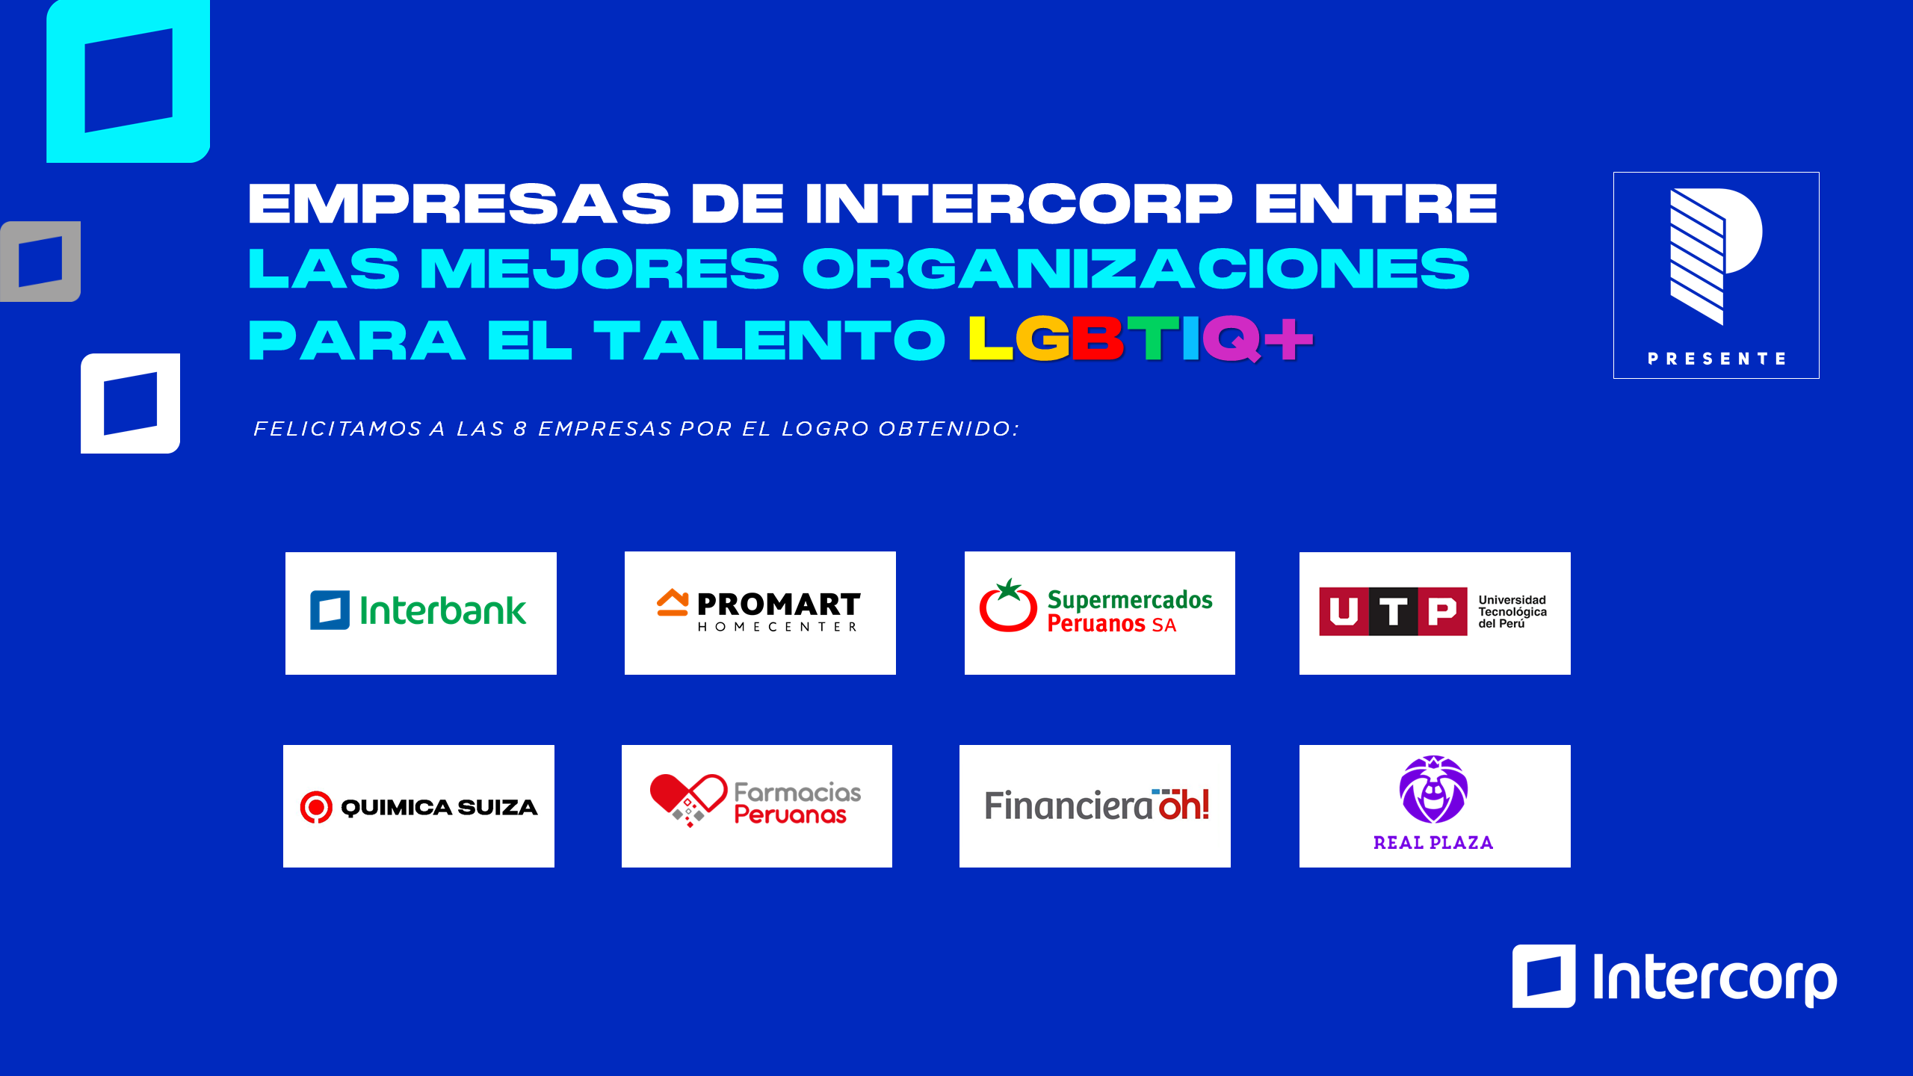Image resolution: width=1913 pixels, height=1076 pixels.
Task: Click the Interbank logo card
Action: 421,613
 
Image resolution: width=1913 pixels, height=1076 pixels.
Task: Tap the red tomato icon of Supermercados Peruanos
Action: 1008,605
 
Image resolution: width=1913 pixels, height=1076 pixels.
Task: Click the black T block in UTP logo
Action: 1393,612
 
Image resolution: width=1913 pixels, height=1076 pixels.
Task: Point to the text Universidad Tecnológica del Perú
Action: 1512,611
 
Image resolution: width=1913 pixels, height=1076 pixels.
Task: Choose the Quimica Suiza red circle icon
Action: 316,807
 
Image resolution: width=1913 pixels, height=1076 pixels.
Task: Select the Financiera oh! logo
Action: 1096,805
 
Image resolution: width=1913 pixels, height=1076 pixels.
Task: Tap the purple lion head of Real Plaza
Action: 1433,790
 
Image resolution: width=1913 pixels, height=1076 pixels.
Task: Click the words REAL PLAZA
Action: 1433,843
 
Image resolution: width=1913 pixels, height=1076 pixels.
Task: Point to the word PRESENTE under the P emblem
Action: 1716,359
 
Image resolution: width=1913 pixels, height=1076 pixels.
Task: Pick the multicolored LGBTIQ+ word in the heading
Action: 1140,339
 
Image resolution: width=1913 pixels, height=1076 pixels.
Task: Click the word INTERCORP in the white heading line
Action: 1019,204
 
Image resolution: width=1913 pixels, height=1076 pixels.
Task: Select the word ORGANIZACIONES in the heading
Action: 1136,269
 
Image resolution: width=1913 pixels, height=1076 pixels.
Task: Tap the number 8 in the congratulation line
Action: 520,429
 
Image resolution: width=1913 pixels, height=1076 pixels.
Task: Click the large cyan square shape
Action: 129,81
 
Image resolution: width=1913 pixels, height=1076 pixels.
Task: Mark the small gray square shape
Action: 40,262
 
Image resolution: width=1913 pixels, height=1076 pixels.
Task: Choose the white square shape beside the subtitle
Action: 131,403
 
